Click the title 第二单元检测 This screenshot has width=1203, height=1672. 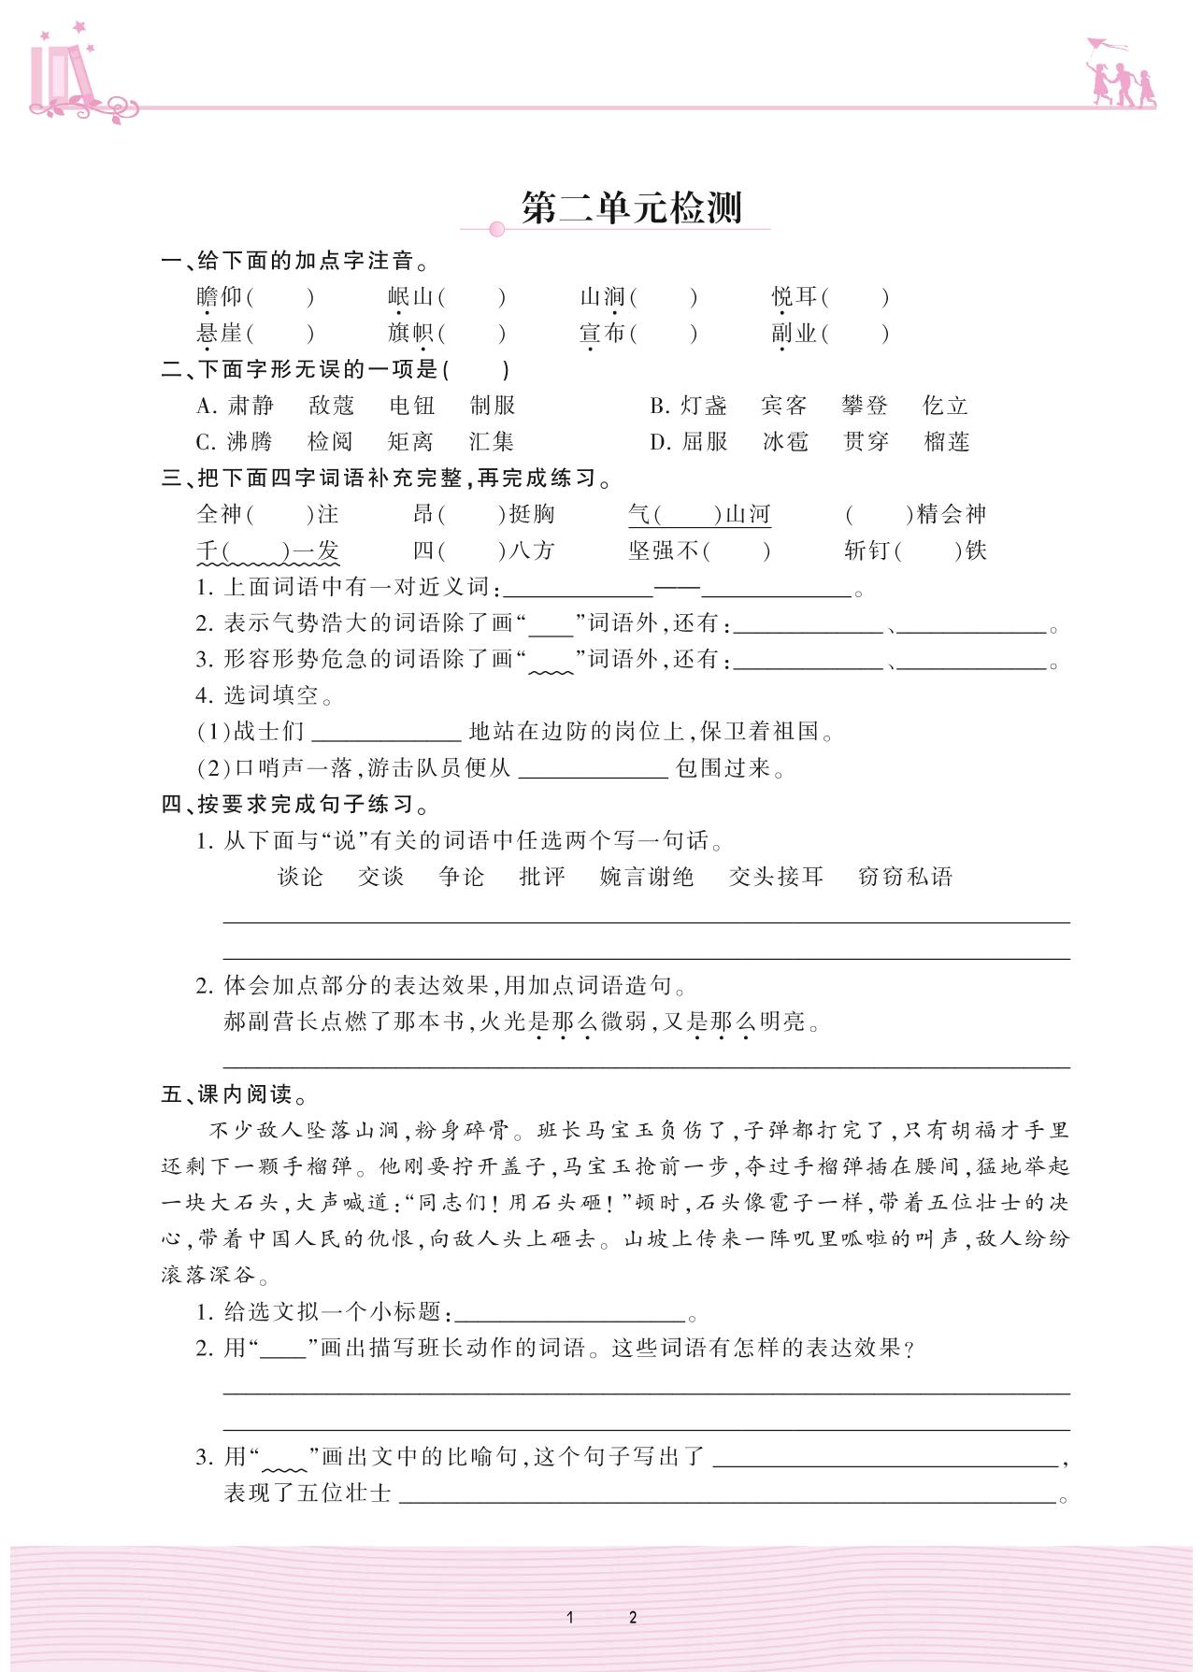[631, 208]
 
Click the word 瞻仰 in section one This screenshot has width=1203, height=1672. [220, 297]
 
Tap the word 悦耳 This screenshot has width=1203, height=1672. [795, 297]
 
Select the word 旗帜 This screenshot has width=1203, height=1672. [411, 334]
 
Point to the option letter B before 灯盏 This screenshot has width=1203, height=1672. [660, 406]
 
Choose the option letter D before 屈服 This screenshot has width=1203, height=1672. [660, 442]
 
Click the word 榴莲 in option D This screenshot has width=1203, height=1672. [947, 442]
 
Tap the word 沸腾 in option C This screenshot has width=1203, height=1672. [250, 442]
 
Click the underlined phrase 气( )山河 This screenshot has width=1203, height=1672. [699, 515]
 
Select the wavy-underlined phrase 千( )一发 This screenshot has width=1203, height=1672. [267, 551]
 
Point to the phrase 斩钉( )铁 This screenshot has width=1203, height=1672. [915, 551]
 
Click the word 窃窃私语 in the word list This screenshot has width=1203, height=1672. [905, 877]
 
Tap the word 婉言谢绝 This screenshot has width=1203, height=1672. [647, 877]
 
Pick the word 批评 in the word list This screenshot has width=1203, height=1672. [542, 877]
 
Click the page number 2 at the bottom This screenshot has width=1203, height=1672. [633, 1618]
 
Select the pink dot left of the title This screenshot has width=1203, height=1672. [497, 229]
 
